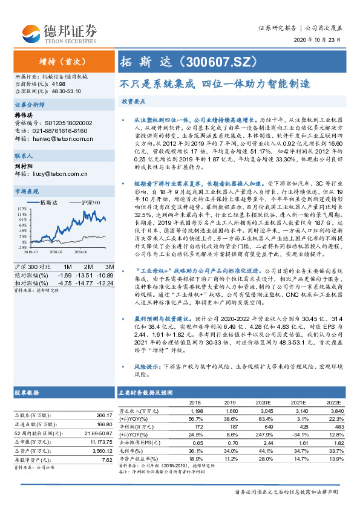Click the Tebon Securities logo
click(59, 31)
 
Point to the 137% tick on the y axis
click(21, 207)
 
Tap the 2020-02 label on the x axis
click(55, 251)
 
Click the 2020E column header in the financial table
click(266, 402)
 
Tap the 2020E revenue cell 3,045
click(267, 410)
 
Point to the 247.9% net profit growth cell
click(266, 435)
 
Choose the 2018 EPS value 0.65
click(197, 443)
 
